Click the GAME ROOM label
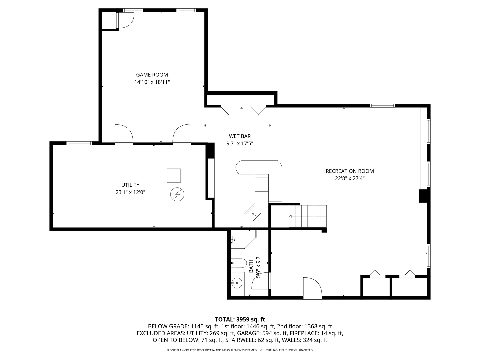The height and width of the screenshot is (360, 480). (152, 75)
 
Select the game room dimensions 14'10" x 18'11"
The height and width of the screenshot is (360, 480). (152, 82)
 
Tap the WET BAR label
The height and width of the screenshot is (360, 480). (240, 136)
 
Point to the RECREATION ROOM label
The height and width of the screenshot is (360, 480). (350, 171)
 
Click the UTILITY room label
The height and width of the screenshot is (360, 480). (130, 185)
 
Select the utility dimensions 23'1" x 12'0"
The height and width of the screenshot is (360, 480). (130, 192)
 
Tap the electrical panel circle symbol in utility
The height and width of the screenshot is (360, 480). (177, 194)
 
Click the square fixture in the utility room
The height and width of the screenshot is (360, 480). (174, 175)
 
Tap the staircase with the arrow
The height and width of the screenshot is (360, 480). (307, 216)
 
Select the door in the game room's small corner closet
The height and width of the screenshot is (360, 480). (125, 20)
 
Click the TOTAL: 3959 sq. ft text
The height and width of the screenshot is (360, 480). (240, 319)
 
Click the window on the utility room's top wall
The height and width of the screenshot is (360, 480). (79, 143)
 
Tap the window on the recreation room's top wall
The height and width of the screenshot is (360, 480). (382, 106)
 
